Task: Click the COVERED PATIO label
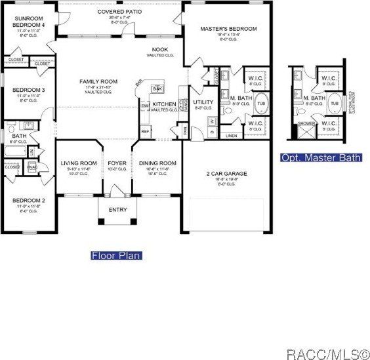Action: (x=121, y=12)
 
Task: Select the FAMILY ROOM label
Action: (x=97, y=81)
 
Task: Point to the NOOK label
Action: (x=159, y=50)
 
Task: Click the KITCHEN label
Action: (x=164, y=104)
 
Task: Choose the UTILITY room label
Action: (x=203, y=102)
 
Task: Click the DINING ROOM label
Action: (x=157, y=163)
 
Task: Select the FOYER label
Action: (x=117, y=163)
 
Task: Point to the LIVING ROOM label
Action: (x=79, y=163)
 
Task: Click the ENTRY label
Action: (x=117, y=210)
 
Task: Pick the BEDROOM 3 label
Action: (x=28, y=90)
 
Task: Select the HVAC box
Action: (x=33, y=167)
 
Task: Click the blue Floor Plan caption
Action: (x=117, y=255)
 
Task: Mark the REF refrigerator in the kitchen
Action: (x=145, y=130)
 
